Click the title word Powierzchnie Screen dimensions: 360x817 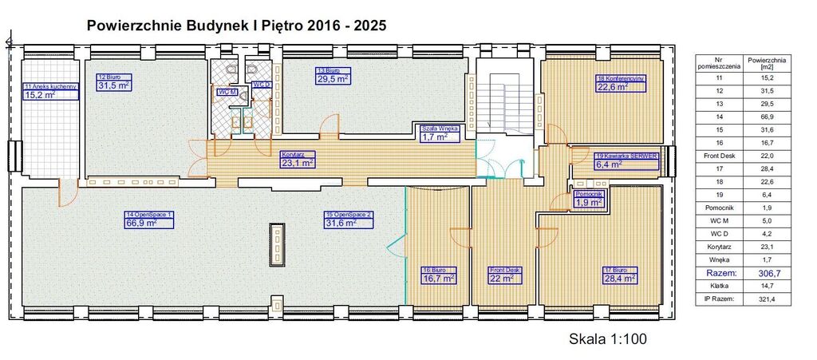(128, 25)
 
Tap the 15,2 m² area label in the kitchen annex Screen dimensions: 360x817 (41, 95)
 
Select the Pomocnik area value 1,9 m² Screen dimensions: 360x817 (589, 203)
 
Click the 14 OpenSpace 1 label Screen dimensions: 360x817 (148, 215)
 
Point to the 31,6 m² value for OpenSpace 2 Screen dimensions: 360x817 (344, 224)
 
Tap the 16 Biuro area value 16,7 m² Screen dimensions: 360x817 (439, 279)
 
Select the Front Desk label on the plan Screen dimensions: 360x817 (505, 270)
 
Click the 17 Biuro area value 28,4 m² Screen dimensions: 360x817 (618, 279)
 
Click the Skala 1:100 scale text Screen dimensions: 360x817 (606, 338)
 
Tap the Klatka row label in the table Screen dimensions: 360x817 (719, 285)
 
